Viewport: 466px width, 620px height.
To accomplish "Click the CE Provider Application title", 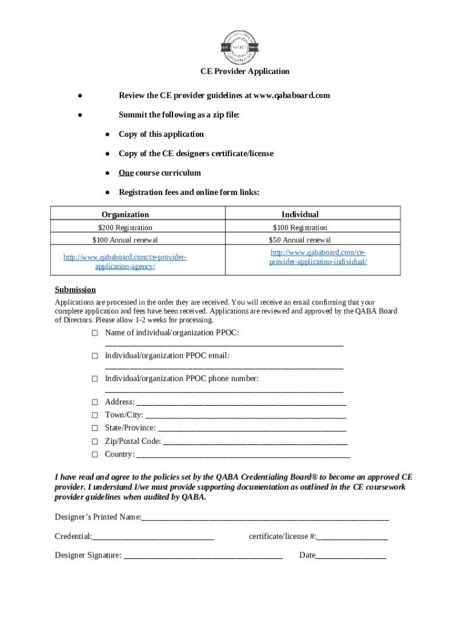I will click(245, 71).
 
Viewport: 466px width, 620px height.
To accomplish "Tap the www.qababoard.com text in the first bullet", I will click(292, 96).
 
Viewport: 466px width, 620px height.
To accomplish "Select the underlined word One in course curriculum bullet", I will click(126, 173).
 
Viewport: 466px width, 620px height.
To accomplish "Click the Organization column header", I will click(125, 214).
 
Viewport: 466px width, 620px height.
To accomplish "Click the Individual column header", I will click(300, 214).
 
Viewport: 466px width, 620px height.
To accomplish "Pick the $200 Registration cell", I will click(125, 228).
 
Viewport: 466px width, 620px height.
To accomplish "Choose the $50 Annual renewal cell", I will click(300, 240).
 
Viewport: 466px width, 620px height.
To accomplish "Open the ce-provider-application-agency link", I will click(125, 262).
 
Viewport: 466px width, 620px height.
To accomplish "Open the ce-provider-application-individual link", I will click(318, 257).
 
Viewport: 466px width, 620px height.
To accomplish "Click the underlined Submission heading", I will click(75, 289).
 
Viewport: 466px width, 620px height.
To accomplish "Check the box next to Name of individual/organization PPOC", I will click(94, 334).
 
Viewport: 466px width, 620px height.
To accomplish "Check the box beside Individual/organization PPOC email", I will click(94, 357).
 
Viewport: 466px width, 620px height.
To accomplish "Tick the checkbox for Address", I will click(94, 403).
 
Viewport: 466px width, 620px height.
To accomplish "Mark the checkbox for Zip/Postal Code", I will click(94, 442).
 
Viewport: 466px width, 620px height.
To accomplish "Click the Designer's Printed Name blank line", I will click(265, 519).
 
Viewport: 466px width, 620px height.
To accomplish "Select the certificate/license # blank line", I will click(352, 538).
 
